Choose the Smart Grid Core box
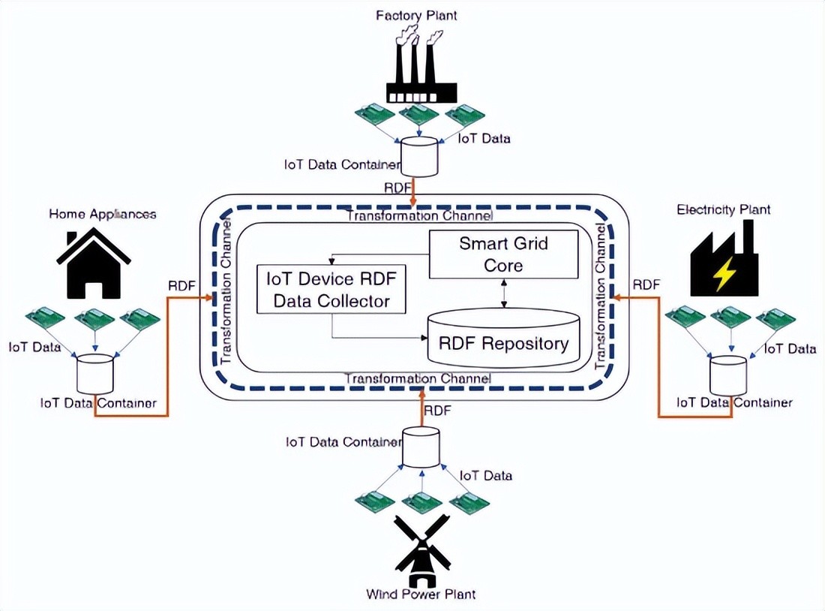[503, 254]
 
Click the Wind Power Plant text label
[421, 594]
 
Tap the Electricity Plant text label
[723, 209]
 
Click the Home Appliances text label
[103, 214]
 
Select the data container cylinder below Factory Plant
[418, 156]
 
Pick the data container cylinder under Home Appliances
[95, 374]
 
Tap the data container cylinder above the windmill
[420, 447]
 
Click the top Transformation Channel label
[419, 216]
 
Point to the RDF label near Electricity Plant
[646, 284]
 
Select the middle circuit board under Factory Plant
[419, 115]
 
